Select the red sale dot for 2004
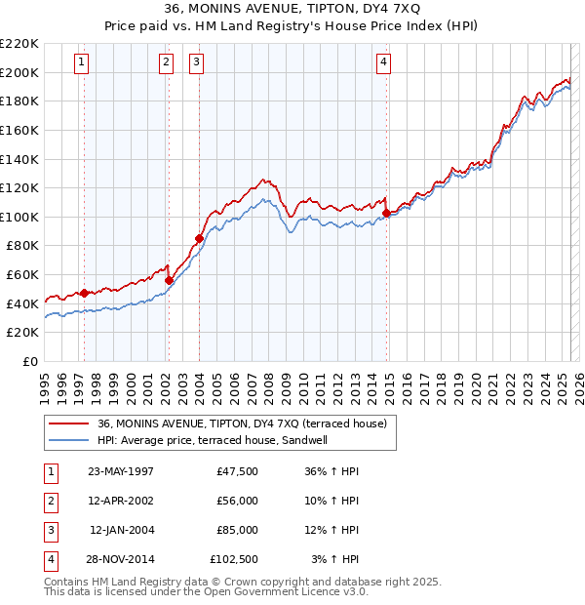[x=199, y=237]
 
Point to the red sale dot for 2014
[x=387, y=212]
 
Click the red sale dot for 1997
[x=85, y=292]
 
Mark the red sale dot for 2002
[x=169, y=280]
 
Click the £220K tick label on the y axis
[x=19, y=44]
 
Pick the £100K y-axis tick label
[x=19, y=217]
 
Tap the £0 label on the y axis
[x=29, y=362]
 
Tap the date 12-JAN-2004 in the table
[x=122, y=530]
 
